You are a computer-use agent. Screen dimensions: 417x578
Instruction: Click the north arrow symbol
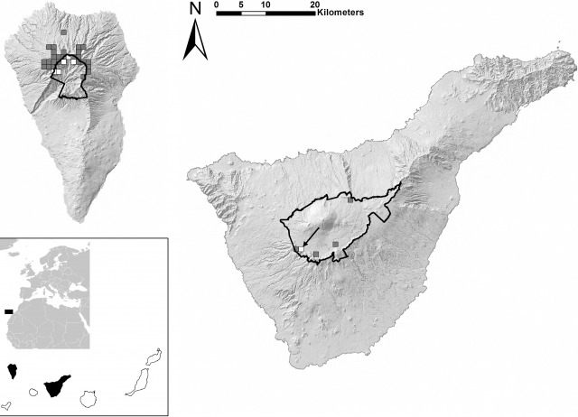195,40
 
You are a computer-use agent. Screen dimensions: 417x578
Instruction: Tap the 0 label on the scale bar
217,5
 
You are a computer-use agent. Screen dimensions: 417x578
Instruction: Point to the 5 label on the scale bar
241,5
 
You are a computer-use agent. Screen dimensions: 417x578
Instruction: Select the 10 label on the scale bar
265,5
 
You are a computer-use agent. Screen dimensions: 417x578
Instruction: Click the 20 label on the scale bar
313,5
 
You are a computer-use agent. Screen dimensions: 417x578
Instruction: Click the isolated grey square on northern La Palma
64,32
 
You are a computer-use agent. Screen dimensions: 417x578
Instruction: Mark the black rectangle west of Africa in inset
9,310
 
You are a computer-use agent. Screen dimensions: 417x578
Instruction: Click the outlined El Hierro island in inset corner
5,407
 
